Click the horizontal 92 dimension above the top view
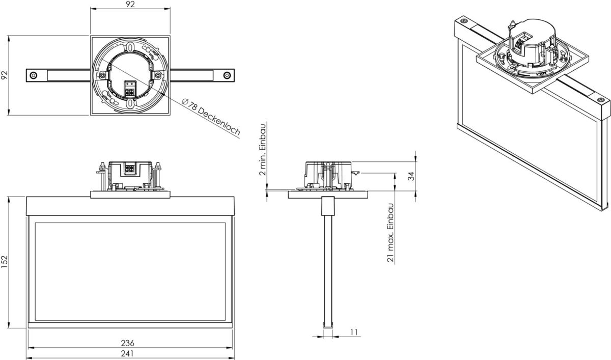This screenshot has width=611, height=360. pos(130,5)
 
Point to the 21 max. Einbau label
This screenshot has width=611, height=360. pos(391,233)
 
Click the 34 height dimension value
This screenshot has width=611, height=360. pos(411,177)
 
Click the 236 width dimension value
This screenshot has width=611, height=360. pos(130,343)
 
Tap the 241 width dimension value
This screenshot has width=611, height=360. pos(130,353)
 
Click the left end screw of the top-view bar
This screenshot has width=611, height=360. pos(33,75)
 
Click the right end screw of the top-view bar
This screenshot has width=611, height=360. pos(226,75)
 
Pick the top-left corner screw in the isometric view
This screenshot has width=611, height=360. pos(463,22)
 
